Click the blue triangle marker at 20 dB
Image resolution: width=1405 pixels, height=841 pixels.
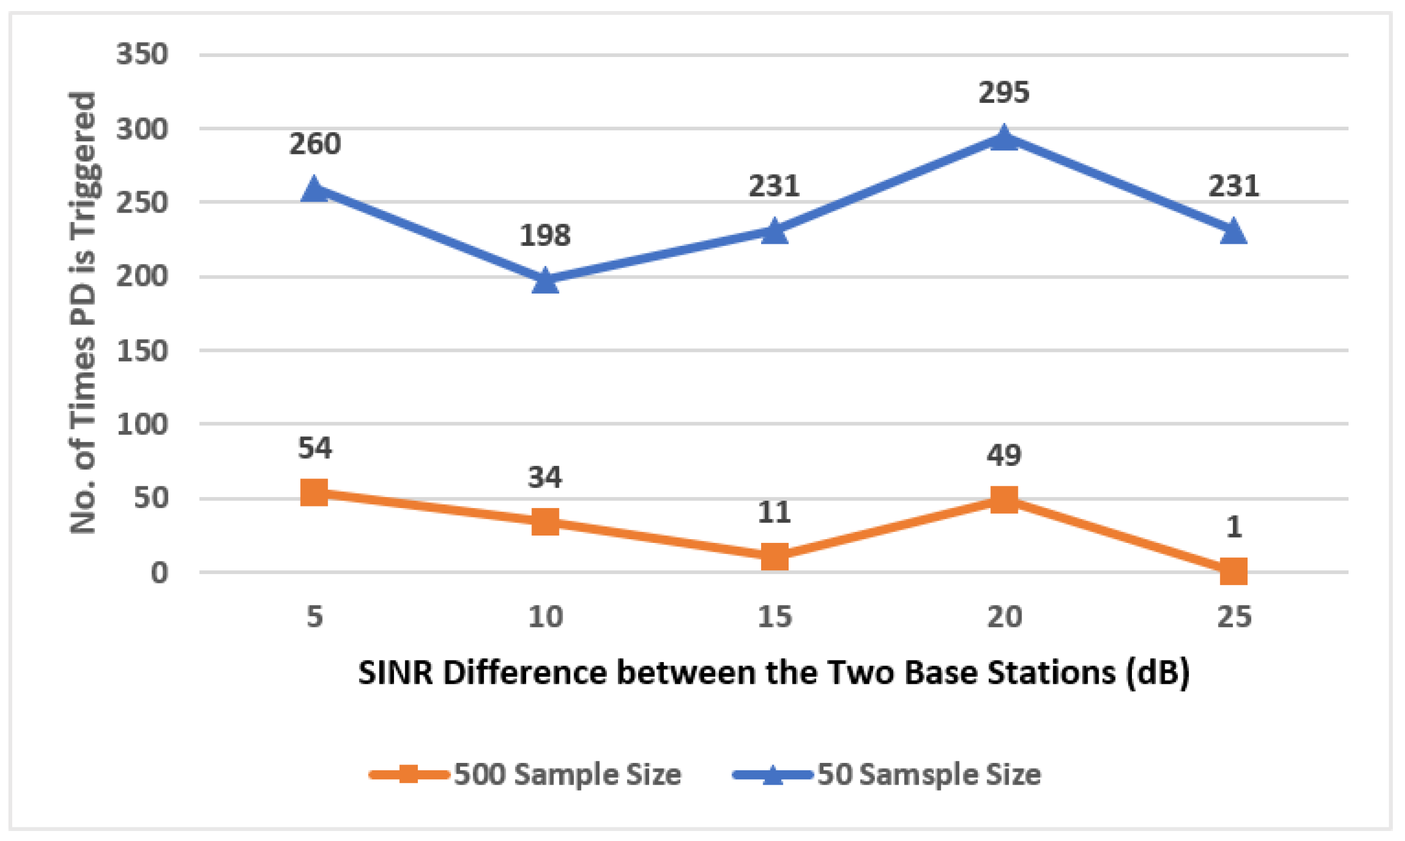[1004, 138]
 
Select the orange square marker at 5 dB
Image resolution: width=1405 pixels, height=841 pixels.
[314, 492]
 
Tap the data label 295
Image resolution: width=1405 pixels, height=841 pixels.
[1004, 92]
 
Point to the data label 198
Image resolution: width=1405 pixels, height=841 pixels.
[545, 235]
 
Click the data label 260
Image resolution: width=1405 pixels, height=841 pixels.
[315, 144]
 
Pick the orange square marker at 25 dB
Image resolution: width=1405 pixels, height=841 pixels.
[1233, 571]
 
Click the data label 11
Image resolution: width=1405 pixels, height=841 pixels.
[774, 512]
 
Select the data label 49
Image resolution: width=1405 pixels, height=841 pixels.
[1004, 454]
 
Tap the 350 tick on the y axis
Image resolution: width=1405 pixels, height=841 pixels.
[142, 55]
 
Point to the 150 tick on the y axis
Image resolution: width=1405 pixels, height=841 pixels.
[142, 351]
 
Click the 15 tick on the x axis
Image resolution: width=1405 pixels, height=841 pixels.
[774, 617]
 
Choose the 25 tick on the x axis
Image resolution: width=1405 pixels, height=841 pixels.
[1234, 617]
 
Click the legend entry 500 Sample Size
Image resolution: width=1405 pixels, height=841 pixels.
[567, 774]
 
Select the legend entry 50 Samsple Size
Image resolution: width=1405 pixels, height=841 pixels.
[929, 774]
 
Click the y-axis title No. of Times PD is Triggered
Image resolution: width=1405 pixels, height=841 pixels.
[83, 313]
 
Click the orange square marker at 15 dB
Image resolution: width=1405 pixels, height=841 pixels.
[774, 557]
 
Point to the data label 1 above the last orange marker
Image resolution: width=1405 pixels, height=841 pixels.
[1234, 527]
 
